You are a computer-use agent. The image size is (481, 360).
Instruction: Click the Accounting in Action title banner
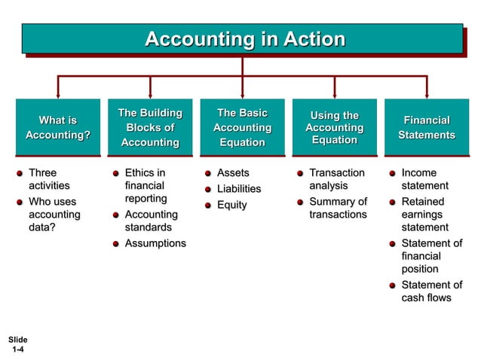242,39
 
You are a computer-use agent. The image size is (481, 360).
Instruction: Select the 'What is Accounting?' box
58,127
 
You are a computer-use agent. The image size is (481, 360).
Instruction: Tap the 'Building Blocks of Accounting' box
150,127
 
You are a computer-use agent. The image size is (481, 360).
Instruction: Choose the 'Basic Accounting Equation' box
242,127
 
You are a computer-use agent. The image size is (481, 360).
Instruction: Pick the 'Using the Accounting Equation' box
334,127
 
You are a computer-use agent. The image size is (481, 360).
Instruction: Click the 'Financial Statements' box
426,127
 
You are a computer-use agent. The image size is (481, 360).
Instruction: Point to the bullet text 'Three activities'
48,179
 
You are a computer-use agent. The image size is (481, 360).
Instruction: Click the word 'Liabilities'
239,189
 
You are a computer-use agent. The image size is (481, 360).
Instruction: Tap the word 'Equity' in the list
231,205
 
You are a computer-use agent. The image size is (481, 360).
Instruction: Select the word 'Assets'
233,173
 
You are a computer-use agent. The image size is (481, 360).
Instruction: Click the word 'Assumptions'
155,243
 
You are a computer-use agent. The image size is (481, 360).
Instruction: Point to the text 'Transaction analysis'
336,179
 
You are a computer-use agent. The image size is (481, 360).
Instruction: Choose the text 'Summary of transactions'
338,208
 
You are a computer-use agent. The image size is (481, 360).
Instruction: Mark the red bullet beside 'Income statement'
393,174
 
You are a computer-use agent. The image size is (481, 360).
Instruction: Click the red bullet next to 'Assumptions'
116,244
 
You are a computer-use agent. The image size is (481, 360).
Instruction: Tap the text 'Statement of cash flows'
430,291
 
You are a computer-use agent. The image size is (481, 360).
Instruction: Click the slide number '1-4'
18,350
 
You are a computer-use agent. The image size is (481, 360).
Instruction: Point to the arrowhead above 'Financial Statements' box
427,93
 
